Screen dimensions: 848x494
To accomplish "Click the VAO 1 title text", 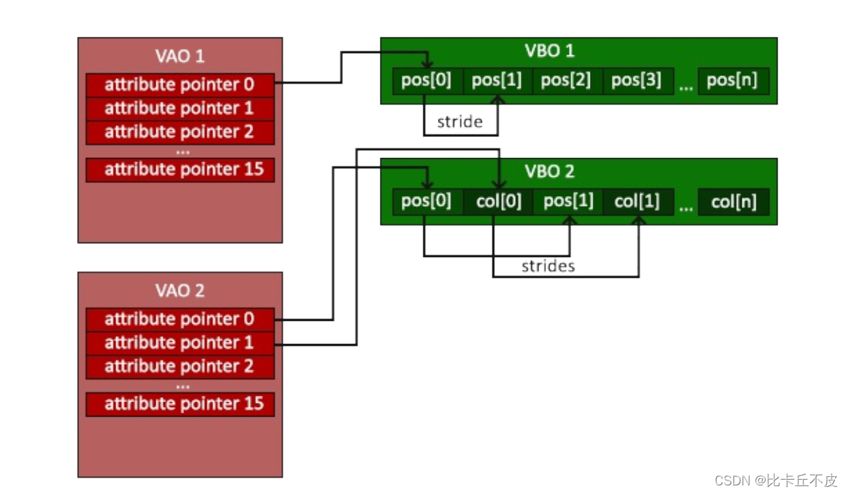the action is click(179, 56).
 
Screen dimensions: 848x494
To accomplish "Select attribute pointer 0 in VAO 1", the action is click(180, 85).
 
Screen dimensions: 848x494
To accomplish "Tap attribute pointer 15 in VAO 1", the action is click(180, 169).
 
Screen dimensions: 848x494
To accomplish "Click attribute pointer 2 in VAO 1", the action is click(180, 132).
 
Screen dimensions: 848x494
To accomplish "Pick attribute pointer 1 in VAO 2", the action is click(180, 343).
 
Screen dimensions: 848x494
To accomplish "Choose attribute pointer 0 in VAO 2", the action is click(180, 320).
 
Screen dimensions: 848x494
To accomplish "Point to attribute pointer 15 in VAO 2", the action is click(180, 404).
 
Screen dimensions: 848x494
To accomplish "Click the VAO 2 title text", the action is click(179, 291).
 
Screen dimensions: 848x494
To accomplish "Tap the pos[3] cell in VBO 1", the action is click(638, 80).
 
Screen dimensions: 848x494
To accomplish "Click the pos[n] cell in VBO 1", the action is click(733, 80).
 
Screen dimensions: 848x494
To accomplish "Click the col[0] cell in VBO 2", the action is click(498, 202).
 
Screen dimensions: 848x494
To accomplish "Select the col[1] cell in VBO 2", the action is click(638, 202).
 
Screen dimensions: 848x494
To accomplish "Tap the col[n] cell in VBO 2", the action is click(733, 202).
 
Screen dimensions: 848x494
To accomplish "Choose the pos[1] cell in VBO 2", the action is click(568, 202).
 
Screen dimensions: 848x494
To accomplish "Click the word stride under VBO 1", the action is click(460, 122).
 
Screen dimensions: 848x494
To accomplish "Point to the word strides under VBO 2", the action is click(548, 266).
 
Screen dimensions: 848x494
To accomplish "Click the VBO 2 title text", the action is click(550, 172).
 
